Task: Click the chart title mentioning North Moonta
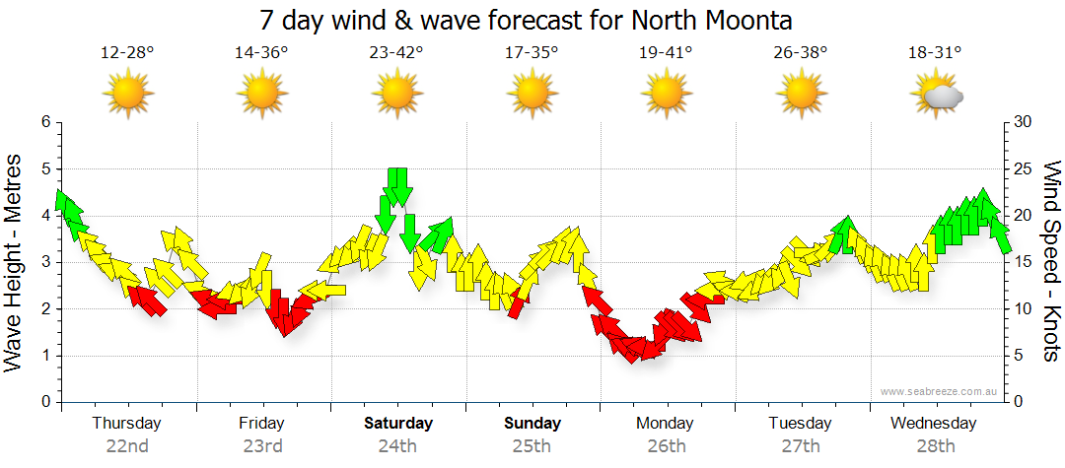[x=527, y=20]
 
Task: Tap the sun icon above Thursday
[x=127, y=95]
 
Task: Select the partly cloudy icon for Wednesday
[x=936, y=96]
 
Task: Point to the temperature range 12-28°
[x=127, y=53]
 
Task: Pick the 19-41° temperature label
[x=666, y=53]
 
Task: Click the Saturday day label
[x=397, y=424]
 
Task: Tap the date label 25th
[x=532, y=445]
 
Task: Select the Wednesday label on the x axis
[x=933, y=424]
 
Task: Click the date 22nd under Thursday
[x=127, y=445]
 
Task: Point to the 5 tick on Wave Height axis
[x=44, y=168]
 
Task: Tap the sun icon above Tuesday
[x=801, y=95]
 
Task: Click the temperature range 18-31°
[x=935, y=53]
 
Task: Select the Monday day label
[x=666, y=424]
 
